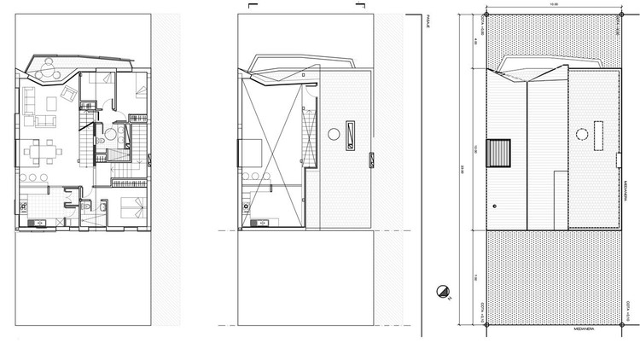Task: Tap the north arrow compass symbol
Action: pos(442,293)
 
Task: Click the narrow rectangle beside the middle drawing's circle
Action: pos(350,133)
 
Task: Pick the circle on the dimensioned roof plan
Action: pos(582,134)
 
